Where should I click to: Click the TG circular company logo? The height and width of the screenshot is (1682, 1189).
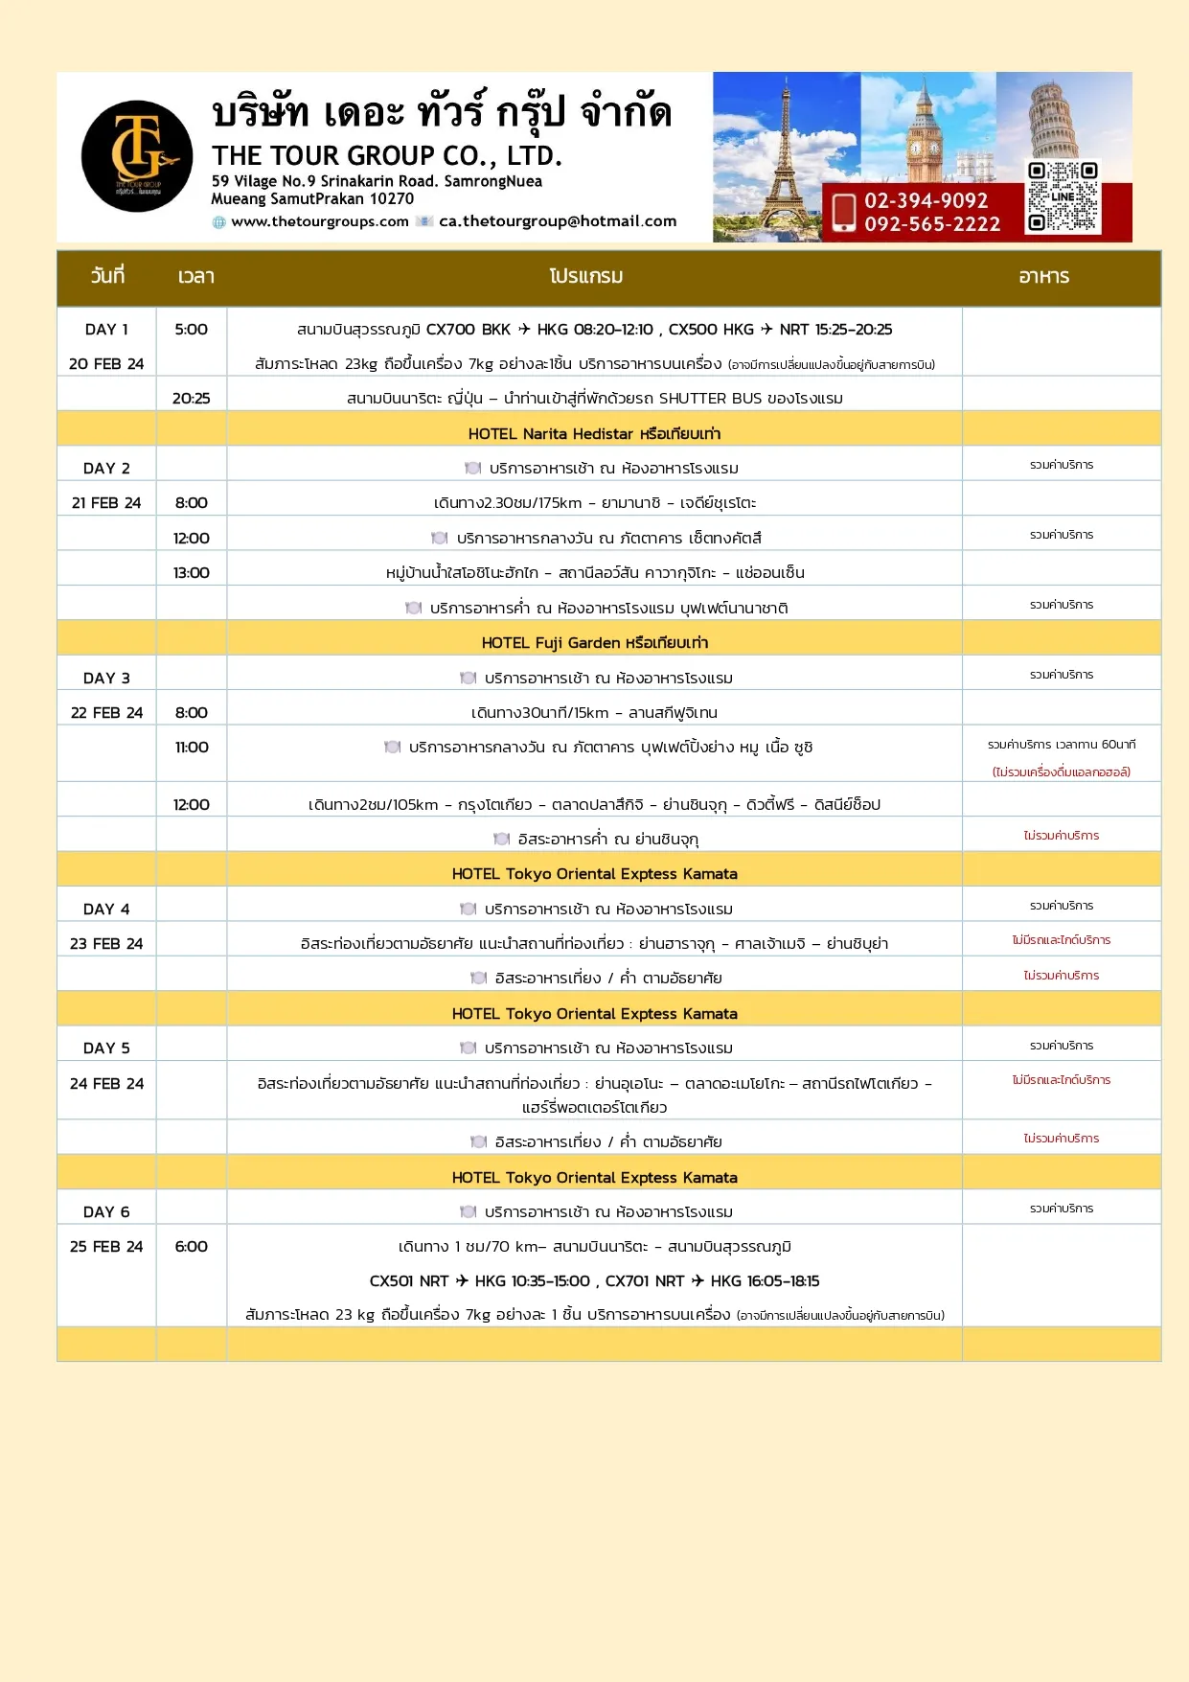[x=137, y=156]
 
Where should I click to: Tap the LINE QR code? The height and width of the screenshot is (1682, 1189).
[x=1063, y=197]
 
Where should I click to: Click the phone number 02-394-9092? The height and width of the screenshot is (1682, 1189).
[x=926, y=200]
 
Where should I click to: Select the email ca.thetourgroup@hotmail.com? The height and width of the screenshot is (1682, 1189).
[x=558, y=221]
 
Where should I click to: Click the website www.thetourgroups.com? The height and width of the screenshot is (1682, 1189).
[x=320, y=221]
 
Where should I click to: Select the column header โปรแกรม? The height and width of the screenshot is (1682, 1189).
[x=586, y=277]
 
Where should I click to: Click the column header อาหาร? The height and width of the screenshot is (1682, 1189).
[x=1043, y=277]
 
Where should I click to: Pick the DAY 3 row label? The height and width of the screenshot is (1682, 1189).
[x=106, y=679]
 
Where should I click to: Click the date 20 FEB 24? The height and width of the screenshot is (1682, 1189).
[x=106, y=364]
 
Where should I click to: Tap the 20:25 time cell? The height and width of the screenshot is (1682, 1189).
[x=191, y=399]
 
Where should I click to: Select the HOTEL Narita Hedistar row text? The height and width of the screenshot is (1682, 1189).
[x=594, y=434]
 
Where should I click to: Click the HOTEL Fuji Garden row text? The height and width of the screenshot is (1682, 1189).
[x=594, y=643]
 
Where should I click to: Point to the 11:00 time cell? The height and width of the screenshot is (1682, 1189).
[x=191, y=748]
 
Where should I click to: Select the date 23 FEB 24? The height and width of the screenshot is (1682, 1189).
[x=106, y=944]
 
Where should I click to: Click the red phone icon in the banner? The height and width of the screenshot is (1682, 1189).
[x=843, y=212]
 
